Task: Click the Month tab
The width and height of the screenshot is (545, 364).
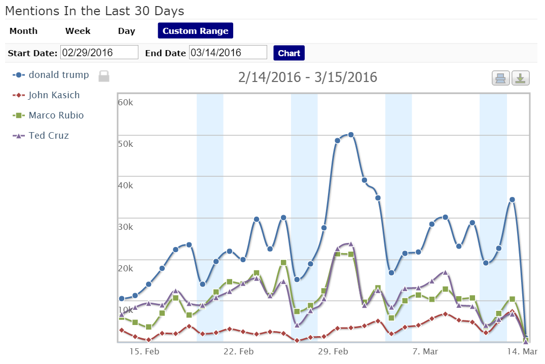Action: pyautogui.click(x=23, y=31)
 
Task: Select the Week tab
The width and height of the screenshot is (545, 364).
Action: pyautogui.click(x=78, y=31)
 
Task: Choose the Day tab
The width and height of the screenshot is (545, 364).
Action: pyautogui.click(x=127, y=31)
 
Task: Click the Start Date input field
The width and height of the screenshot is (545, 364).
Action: pyautogui.click(x=99, y=53)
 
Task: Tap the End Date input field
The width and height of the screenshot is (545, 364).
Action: pyautogui.click(x=228, y=53)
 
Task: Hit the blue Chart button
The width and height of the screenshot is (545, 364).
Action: pyautogui.click(x=289, y=53)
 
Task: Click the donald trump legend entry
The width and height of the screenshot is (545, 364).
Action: pyautogui.click(x=58, y=75)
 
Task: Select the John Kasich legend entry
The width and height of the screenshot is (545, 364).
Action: pyautogui.click(x=54, y=95)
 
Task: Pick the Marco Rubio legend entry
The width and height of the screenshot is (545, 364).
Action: pyautogui.click(x=56, y=115)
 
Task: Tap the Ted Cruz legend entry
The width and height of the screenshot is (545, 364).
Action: pyautogui.click(x=49, y=136)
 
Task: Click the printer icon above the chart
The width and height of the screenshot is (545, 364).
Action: pyautogui.click(x=500, y=78)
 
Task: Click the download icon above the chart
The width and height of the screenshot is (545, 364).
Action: pyautogui.click(x=521, y=78)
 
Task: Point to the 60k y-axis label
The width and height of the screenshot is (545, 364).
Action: pyautogui.click(x=126, y=102)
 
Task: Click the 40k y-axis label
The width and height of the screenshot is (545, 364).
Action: pyautogui.click(x=126, y=185)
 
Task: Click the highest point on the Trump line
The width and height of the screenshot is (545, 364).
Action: pyautogui.click(x=350, y=135)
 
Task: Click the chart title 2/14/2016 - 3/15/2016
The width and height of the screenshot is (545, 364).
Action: pyautogui.click(x=308, y=77)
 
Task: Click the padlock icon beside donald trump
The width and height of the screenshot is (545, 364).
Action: pyautogui.click(x=104, y=76)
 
